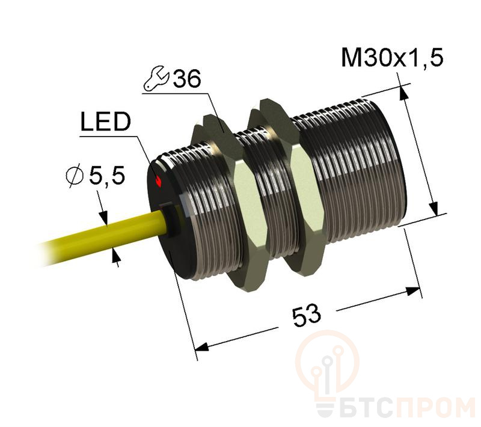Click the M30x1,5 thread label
(x=391, y=58)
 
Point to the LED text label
(x=105, y=123)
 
